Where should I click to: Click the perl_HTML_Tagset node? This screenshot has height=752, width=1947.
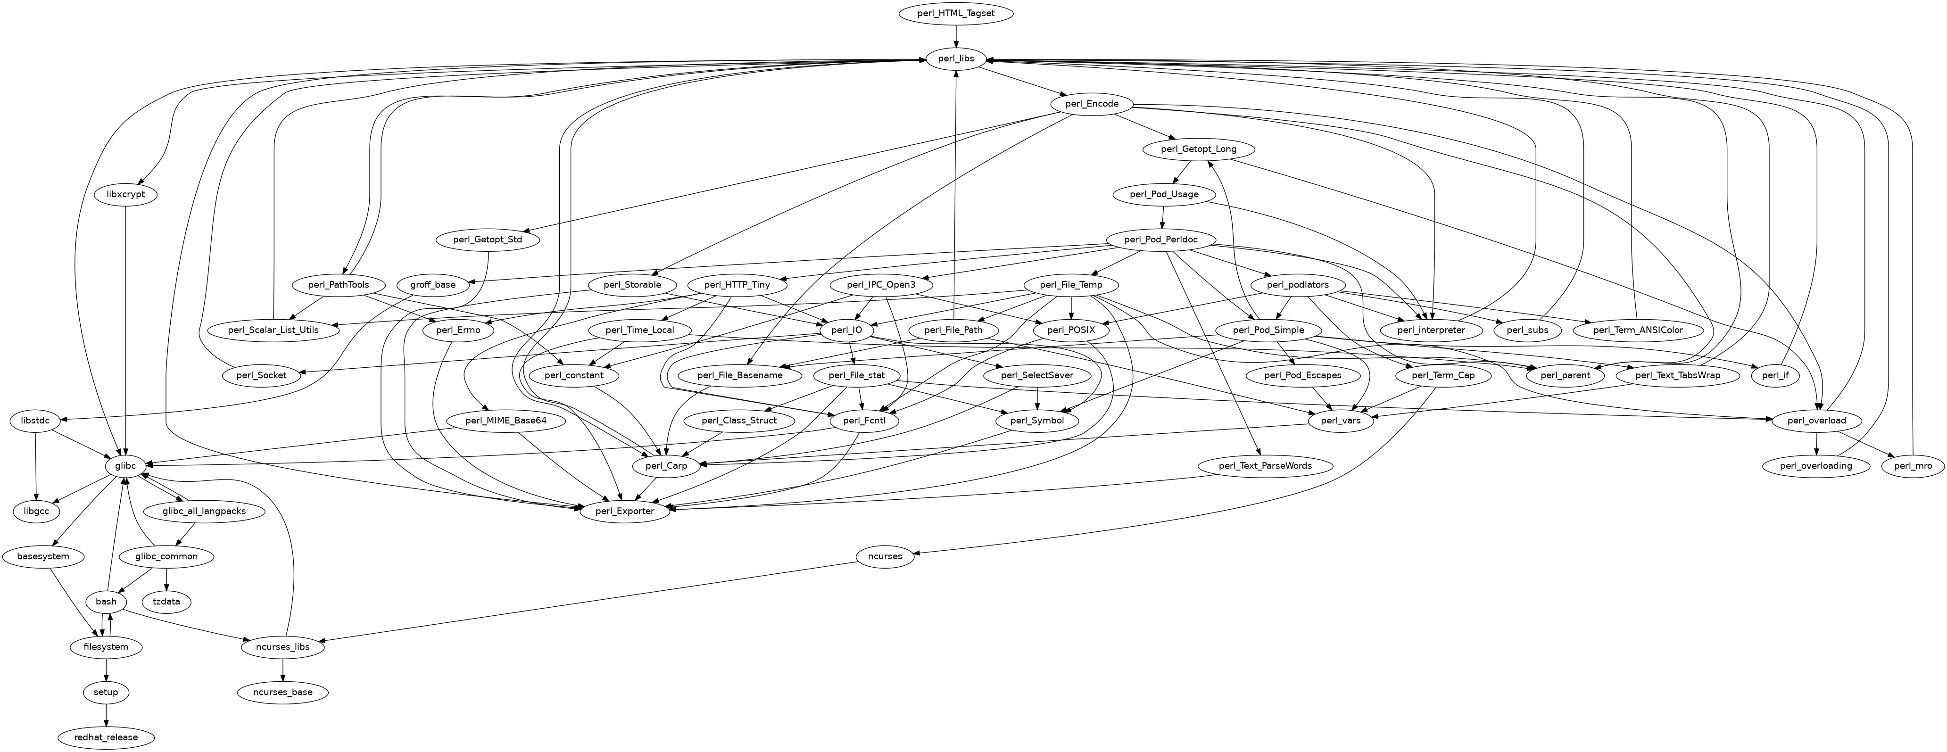point(956,14)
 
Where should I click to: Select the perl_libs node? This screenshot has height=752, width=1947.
point(956,59)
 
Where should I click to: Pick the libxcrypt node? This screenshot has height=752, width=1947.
point(125,194)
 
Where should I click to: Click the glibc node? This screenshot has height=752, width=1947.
point(125,466)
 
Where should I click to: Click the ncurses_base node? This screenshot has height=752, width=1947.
point(282,692)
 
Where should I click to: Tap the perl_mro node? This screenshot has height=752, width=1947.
point(1913,466)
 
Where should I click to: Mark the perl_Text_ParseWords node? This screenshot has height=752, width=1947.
point(1265,466)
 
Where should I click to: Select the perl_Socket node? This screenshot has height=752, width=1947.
point(260,376)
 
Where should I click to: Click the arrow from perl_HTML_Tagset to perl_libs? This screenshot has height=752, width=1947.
point(956,36)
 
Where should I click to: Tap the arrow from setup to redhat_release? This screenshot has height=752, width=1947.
point(106,714)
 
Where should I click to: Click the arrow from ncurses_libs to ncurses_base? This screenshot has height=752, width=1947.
point(282,669)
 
